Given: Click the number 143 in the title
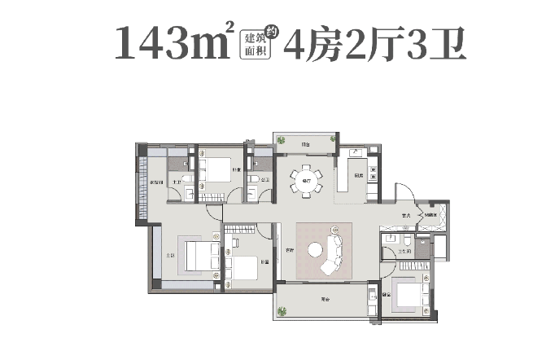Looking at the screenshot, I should pyautogui.click(x=146, y=43).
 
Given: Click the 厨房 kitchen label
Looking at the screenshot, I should pyautogui.click(x=358, y=177).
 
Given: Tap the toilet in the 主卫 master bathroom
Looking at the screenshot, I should pyautogui.click(x=186, y=179).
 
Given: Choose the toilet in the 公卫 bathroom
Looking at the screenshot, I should pyautogui.click(x=255, y=179).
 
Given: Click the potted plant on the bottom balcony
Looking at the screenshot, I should pyautogui.click(x=282, y=311).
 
